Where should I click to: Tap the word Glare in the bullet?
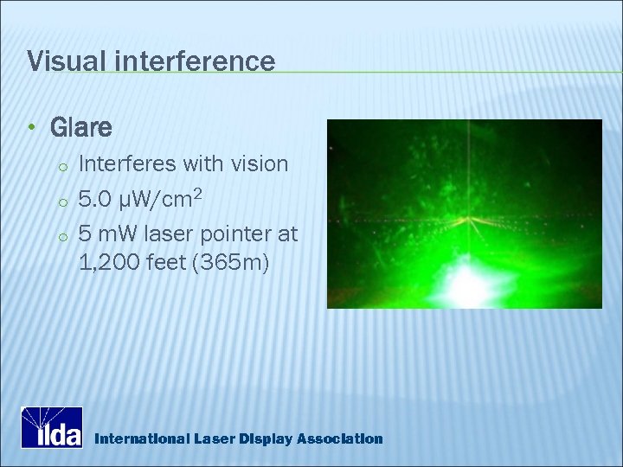[x=81, y=129]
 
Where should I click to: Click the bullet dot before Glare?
[x=31, y=129]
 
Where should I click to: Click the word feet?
[x=169, y=262]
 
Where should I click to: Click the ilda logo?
[x=52, y=427]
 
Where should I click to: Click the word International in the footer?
[x=139, y=439]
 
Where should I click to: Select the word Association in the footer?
[x=339, y=439]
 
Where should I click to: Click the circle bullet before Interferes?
[x=63, y=166]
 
